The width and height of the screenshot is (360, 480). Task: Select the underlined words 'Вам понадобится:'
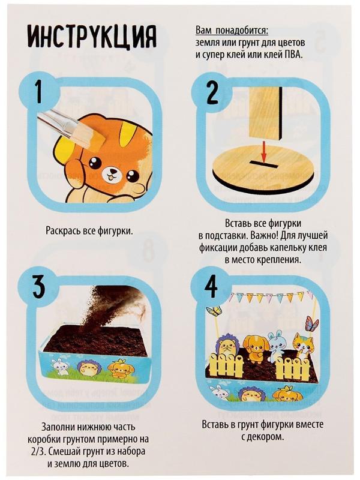point(232,31)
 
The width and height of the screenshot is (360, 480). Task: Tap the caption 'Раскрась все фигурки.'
point(89,230)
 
